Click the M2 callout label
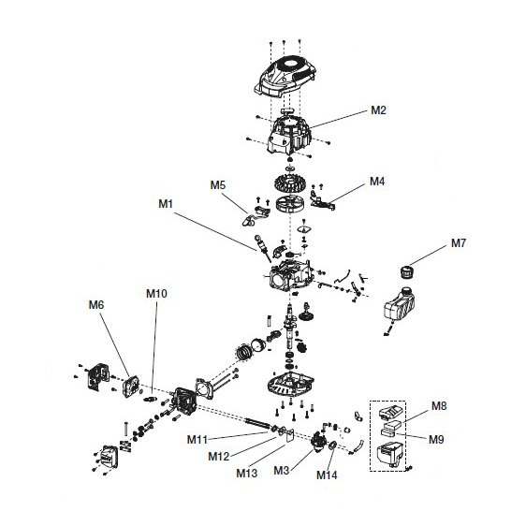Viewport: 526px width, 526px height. tap(378, 110)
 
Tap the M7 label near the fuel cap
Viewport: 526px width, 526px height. tap(459, 242)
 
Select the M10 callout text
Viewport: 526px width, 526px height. tap(156, 294)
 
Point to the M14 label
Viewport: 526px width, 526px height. tap(327, 475)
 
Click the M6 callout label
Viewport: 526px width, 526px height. tap(96, 305)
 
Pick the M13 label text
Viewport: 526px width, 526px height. tap(246, 474)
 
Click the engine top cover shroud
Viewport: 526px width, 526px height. tap(285, 77)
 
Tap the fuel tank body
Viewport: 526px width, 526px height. tap(400, 305)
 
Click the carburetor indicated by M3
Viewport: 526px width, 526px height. tap(318, 442)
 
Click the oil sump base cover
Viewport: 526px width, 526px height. tap(290, 384)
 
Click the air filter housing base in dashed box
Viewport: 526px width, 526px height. tap(389, 454)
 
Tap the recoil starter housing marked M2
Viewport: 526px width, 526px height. tap(289, 134)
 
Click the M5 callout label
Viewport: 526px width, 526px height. tap(218, 185)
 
